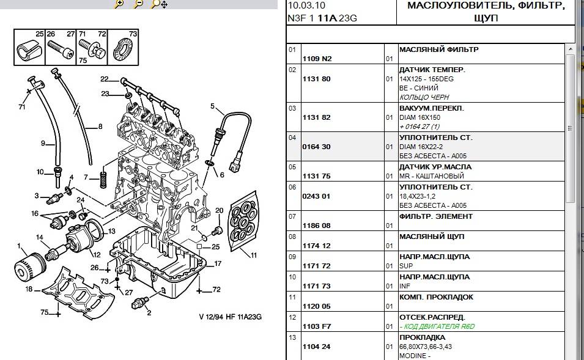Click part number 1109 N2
click(x=317, y=59)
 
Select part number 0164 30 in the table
click(x=317, y=147)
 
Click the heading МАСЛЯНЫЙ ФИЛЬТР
click(x=438, y=50)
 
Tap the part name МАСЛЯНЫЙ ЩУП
click(x=431, y=237)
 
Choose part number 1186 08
click(x=317, y=226)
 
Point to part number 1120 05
click(x=317, y=306)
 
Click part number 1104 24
click(x=317, y=347)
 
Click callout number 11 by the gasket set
click(x=254, y=255)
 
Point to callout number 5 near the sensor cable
click(x=213, y=106)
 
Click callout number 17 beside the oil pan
click(x=218, y=264)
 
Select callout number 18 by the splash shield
click(x=28, y=289)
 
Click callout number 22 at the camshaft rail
click(x=104, y=78)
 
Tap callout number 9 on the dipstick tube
click(x=43, y=144)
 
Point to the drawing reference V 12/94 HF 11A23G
click(x=231, y=317)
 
